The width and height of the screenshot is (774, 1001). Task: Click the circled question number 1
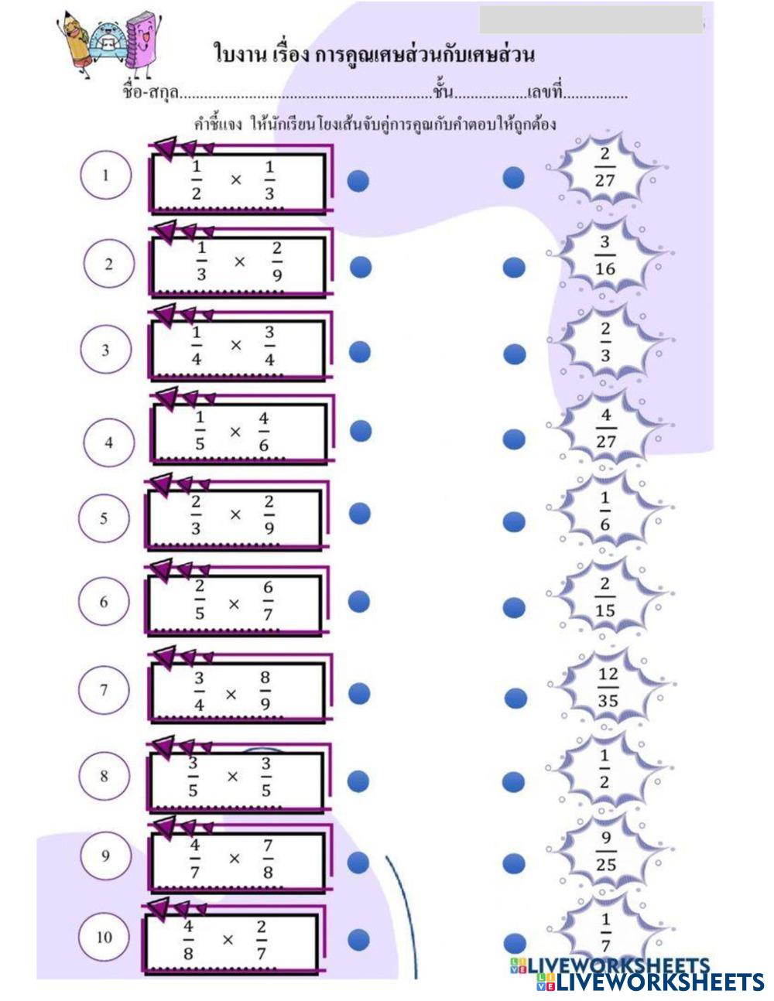pos(106,176)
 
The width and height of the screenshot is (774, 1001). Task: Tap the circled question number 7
pos(104,690)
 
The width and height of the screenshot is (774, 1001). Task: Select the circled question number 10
pos(104,938)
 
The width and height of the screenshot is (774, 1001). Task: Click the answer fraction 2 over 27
pos(604,167)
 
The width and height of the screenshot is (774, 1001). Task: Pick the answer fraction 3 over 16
pos(605,256)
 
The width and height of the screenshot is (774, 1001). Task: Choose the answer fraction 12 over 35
pos(608,687)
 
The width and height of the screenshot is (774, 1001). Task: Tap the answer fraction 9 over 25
pos(606,851)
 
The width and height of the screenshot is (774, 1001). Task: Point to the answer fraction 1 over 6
pos(604,511)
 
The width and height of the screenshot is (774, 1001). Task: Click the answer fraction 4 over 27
pos(606,429)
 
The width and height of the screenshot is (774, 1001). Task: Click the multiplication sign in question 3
pos(236,345)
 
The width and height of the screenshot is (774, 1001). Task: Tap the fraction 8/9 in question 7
pos(265,691)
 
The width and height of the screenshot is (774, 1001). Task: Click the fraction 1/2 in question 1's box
pos(196,180)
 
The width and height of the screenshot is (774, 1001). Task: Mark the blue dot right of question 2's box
pos(361,267)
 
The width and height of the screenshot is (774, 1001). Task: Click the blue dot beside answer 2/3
pos(515,354)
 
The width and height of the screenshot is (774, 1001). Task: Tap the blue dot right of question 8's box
pos(358,781)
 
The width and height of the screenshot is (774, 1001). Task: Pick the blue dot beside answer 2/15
pos(514,607)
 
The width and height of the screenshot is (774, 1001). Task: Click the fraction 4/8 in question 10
pos(188,939)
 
